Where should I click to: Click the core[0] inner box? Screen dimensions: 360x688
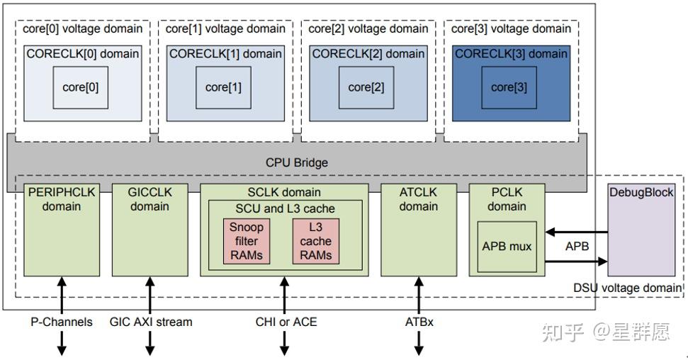point(80,88)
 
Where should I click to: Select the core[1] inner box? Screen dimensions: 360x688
point(223,88)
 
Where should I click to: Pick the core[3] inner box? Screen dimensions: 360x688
point(509,88)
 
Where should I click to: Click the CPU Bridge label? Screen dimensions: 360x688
point(297,162)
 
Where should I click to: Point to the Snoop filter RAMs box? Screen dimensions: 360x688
point(247,241)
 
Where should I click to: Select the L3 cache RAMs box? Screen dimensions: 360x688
point(315,241)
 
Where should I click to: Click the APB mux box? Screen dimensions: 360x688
point(506,247)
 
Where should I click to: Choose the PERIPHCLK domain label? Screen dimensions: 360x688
point(62,199)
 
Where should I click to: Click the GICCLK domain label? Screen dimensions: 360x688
point(150,199)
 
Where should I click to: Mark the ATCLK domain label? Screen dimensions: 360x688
point(418,199)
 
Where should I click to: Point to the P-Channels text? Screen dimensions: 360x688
point(61,322)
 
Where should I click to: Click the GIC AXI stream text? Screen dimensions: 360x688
point(150,322)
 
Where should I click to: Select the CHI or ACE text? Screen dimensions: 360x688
point(286,322)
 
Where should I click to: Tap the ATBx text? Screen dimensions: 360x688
point(419,322)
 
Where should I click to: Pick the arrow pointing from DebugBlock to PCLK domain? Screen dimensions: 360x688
point(576,232)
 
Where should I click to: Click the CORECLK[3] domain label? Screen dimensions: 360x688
point(511,54)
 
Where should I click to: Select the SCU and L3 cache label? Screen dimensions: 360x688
point(285,208)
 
